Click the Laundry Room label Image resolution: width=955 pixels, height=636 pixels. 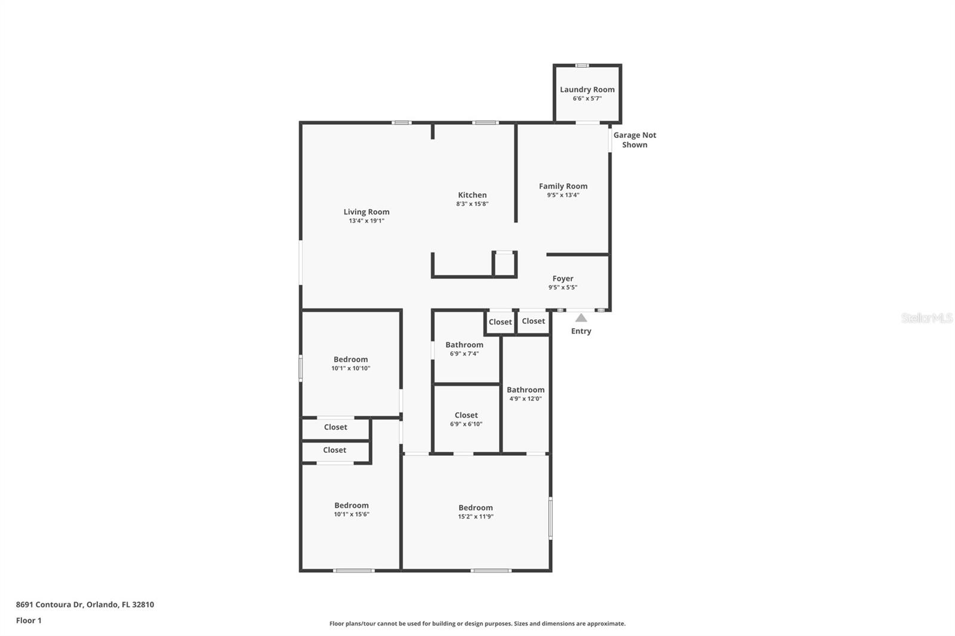pyautogui.click(x=587, y=89)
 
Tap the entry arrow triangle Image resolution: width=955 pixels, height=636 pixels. pyautogui.click(x=581, y=318)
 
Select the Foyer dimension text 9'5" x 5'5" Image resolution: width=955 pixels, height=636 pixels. pyautogui.click(x=563, y=288)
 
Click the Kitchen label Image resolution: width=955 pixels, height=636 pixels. pyautogui.click(x=472, y=195)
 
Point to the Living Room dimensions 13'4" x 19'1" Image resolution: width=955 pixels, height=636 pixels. pyautogui.click(x=366, y=221)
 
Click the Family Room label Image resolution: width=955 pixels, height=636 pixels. pyautogui.click(x=563, y=186)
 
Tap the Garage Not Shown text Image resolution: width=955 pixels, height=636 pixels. pyautogui.click(x=634, y=140)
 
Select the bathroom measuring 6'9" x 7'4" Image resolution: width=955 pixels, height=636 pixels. pyautogui.click(x=464, y=348)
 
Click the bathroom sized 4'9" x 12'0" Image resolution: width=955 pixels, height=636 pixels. pyautogui.click(x=525, y=394)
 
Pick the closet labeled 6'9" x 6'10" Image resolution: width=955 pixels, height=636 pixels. pyautogui.click(x=466, y=419)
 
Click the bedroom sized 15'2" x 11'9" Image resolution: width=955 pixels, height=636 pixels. pyautogui.click(x=476, y=511)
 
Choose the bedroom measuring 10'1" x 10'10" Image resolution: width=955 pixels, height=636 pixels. pyautogui.click(x=350, y=363)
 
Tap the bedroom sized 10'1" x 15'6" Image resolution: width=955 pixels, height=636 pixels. pyautogui.click(x=351, y=509)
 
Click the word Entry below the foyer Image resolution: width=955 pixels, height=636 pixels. pyautogui.click(x=581, y=331)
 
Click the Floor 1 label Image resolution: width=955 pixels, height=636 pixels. pyautogui.click(x=29, y=620)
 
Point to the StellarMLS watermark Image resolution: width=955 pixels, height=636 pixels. pyautogui.click(x=926, y=318)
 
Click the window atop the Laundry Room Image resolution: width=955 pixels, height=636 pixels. pyautogui.click(x=582, y=65)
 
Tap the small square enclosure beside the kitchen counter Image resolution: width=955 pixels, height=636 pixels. pyautogui.click(x=504, y=264)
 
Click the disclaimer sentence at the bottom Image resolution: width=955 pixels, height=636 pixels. pyautogui.click(x=478, y=623)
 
